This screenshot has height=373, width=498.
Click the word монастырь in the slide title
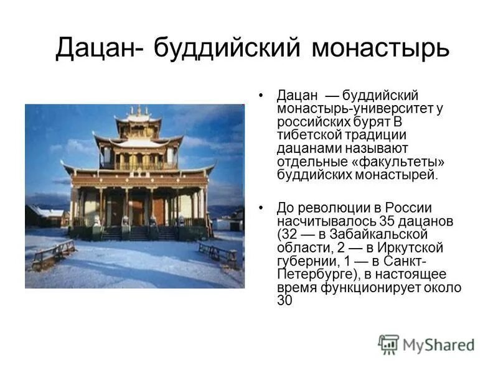(x=380, y=48)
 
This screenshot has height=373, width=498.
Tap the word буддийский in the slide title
(x=227, y=48)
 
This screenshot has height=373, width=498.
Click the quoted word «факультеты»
(x=404, y=162)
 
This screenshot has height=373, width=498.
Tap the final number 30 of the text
(x=284, y=300)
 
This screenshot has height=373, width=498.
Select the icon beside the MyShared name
(x=388, y=344)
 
